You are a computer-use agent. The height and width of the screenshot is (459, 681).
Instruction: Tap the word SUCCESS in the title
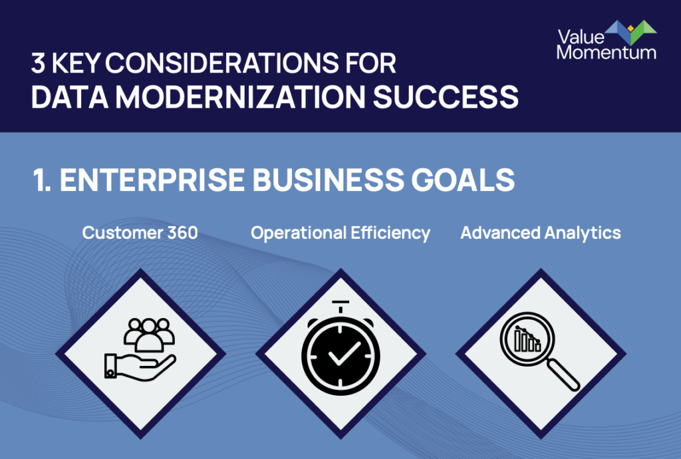point(446,96)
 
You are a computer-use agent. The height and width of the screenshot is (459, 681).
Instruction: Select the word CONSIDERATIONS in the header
point(221,63)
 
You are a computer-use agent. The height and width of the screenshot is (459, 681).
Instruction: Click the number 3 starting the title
point(38,63)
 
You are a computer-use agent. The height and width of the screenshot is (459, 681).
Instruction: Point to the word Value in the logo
point(581,37)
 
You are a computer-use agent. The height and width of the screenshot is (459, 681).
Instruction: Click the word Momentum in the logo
point(607,53)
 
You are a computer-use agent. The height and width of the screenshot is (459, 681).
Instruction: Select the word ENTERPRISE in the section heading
point(152,180)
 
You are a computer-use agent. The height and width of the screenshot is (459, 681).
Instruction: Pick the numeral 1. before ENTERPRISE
point(42,180)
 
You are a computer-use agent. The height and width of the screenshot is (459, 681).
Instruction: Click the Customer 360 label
point(140,233)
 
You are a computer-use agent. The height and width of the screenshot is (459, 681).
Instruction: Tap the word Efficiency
point(390,233)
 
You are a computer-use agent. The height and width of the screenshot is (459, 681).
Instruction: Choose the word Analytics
point(583,233)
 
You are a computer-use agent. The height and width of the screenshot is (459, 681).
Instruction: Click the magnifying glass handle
point(563,375)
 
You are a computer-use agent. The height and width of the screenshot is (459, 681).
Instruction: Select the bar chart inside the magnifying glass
point(527,339)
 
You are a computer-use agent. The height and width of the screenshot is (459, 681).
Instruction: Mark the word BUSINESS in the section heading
point(328,180)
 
